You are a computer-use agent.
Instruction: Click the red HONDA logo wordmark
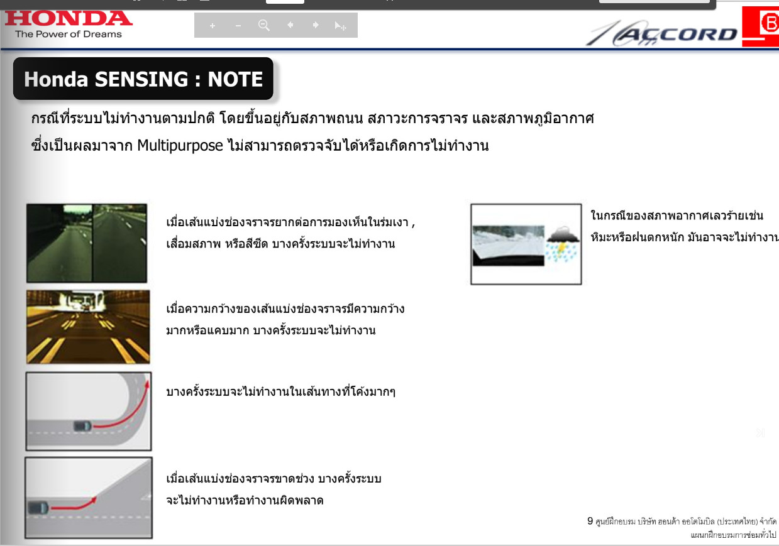tap(69, 18)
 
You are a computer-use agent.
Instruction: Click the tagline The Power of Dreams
tap(69, 34)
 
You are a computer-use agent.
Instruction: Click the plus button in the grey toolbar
tap(212, 26)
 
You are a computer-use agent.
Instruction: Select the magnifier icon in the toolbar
tap(264, 25)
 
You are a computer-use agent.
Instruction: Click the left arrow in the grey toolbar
tap(290, 25)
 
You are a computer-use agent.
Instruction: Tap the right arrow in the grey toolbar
tap(316, 25)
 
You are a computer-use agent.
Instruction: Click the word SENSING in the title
tap(141, 79)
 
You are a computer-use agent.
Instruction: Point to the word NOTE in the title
tap(235, 79)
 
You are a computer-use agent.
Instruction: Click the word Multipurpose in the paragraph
tap(180, 145)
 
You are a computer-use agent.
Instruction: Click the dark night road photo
tap(87, 243)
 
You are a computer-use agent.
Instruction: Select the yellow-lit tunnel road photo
tap(88, 327)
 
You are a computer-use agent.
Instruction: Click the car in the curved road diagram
tap(83, 426)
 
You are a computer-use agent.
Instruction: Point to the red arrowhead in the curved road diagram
tap(147, 385)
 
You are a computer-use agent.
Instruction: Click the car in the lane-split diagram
tap(38, 508)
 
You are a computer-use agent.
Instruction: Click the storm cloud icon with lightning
tap(562, 243)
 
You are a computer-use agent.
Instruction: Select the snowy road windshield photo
tap(508, 246)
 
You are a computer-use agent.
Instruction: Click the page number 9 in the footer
tap(590, 521)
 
